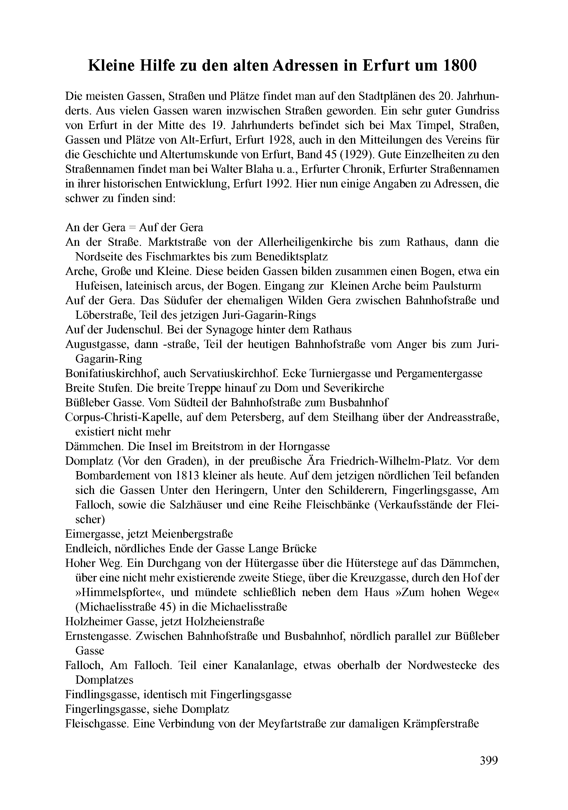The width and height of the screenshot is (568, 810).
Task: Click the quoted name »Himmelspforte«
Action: click(x=113, y=592)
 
